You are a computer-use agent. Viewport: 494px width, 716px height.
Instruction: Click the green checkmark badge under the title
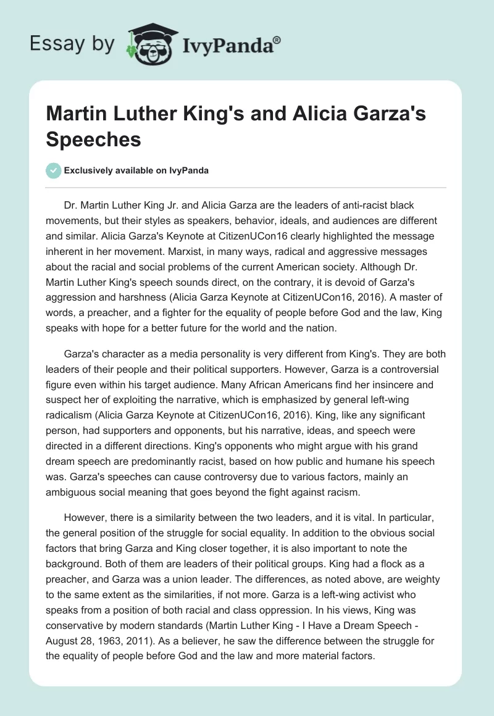(x=54, y=170)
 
